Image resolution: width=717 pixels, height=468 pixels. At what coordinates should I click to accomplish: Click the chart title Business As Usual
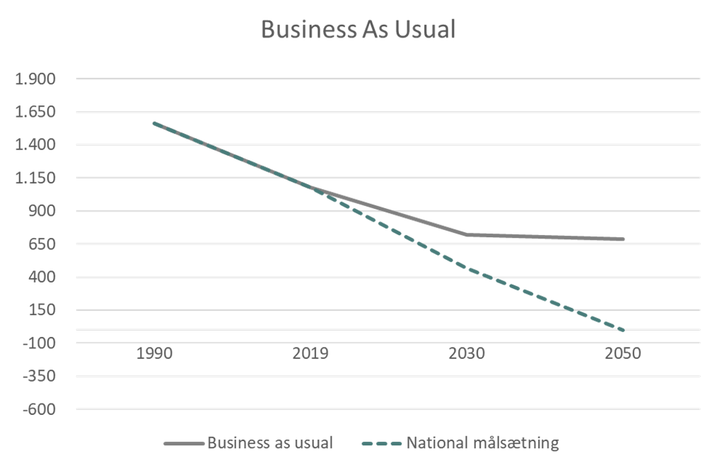click(359, 30)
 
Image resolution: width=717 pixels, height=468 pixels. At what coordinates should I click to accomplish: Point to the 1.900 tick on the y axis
click(36, 79)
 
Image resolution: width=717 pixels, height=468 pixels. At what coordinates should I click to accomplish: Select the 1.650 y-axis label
click(36, 112)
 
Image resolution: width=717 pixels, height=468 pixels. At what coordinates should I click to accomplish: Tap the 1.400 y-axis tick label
click(36, 144)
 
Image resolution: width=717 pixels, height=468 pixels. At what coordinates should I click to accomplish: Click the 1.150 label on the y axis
click(36, 178)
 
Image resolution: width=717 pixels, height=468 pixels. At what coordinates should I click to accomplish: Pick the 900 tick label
click(42, 211)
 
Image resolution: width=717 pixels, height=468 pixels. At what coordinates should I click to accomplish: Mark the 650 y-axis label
click(42, 244)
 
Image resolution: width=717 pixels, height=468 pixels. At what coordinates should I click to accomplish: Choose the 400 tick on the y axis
click(42, 277)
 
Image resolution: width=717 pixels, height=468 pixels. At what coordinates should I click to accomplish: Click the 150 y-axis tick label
click(42, 310)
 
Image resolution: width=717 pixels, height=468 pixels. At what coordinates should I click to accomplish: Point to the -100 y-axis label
click(40, 343)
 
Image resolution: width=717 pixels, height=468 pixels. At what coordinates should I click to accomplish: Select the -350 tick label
click(40, 376)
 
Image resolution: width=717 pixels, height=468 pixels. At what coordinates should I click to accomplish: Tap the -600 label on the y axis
click(40, 409)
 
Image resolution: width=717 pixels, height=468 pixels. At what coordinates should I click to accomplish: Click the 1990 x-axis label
click(154, 353)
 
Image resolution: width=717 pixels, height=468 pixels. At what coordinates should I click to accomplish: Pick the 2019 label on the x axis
click(310, 353)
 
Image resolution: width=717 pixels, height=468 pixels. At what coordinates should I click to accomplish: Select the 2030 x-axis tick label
click(467, 353)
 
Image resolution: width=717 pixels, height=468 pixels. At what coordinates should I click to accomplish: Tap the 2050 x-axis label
click(623, 353)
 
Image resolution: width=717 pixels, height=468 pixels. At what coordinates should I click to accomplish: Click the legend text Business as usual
click(269, 444)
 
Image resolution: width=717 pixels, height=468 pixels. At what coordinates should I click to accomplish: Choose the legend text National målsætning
click(483, 444)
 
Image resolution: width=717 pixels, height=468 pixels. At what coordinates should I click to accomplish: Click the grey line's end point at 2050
click(623, 239)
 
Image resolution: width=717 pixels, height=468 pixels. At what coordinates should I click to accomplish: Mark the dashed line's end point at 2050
click(623, 331)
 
